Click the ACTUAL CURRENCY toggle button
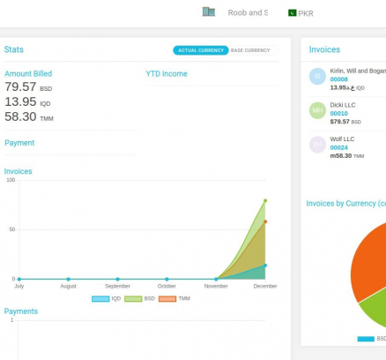[200, 50]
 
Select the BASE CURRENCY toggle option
[250, 50]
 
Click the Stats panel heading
[14, 50]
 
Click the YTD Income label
[167, 74]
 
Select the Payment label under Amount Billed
[19, 143]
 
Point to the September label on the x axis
[117, 286]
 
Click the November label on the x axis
[216, 286]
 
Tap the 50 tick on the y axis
[12, 229]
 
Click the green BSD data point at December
[265, 200]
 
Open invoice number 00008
[339, 79]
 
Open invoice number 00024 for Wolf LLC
[339, 147]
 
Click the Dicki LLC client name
[343, 105]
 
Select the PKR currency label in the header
[306, 13]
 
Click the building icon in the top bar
[209, 12]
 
